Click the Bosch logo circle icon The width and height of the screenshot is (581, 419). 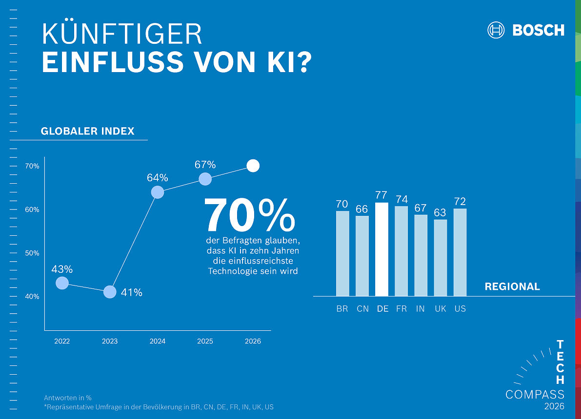[x=496, y=30]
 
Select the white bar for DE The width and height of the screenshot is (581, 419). [x=381, y=249]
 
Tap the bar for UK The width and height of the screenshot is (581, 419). [x=440, y=258]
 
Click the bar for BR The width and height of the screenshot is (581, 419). [x=342, y=253]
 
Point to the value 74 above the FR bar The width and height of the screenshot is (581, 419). [x=401, y=199]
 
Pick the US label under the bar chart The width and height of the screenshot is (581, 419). [x=460, y=309]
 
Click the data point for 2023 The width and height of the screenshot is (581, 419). [x=110, y=292]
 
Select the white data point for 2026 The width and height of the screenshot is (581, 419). [x=253, y=166]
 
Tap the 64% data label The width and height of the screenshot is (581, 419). [x=157, y=178]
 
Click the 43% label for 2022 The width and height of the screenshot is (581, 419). [x=62, y=269]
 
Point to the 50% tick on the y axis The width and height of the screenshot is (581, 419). [x=32, y=253]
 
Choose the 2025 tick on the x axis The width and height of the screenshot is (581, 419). [x=205, y=341]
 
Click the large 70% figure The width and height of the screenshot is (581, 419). [x=250, y=216]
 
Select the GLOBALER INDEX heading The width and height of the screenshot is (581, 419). [x=87, y=131]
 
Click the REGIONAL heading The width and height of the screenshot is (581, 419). [x=512, y=286]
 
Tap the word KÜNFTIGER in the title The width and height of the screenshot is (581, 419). [x=122, y=34]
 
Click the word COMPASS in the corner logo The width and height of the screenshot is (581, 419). [x=535, y=394]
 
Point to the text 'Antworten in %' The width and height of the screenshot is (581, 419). [x=68, y=398]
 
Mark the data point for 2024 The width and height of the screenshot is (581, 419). [x=158, y=192]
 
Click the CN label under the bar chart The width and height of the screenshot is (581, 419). [x=362, y=309]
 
